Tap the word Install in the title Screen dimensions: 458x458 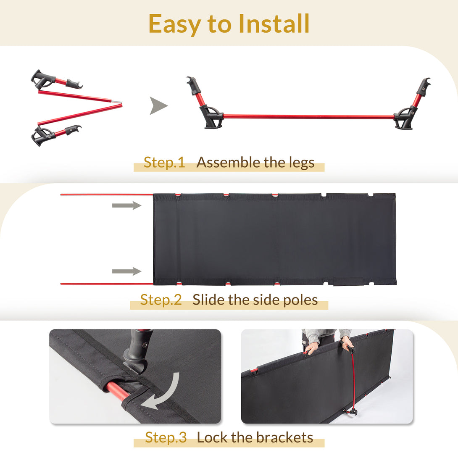pyautogui.click(x=274, y=24)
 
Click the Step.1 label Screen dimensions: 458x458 pyautogui.click(x=164, y=163)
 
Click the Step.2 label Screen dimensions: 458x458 pyautogui.click(x=161, y=300)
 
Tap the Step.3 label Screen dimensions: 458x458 pyautogui.click(x=166, y=437)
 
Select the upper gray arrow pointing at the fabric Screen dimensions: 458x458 pyautogui.click(x=127, y=205)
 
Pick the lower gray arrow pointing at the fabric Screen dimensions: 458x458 pyautogui.click(x=127, y=271)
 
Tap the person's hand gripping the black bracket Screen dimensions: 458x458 pyautogui.click(x=347, y=344)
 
